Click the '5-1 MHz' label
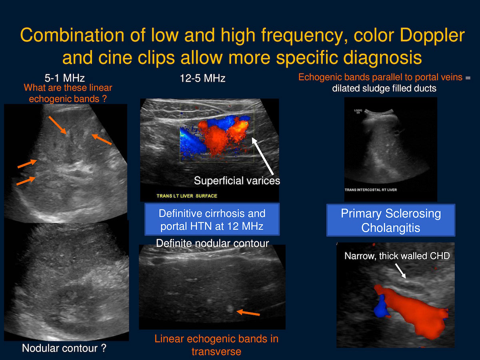point(64,78)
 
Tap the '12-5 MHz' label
point(202,78)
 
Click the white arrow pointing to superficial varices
point(263,156)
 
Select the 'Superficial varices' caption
point(237,181)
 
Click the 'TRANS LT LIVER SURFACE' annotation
point(187,196)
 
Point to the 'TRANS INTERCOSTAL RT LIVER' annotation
point(371,190)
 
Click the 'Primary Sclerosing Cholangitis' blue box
point(390,220)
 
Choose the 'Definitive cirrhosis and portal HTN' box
point(212,219)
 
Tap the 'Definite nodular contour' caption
point(212,243)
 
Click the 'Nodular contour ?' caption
point(64,348)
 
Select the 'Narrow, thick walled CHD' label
point(397,256)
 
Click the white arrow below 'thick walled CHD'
point(400,271)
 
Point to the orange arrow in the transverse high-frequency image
point(248,312)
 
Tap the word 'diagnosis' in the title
point(382,58)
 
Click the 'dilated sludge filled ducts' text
point(384,88)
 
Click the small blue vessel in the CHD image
point(381,306)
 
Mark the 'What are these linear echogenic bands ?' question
point(68,93)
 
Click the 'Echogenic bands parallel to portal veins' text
point(380,77)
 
